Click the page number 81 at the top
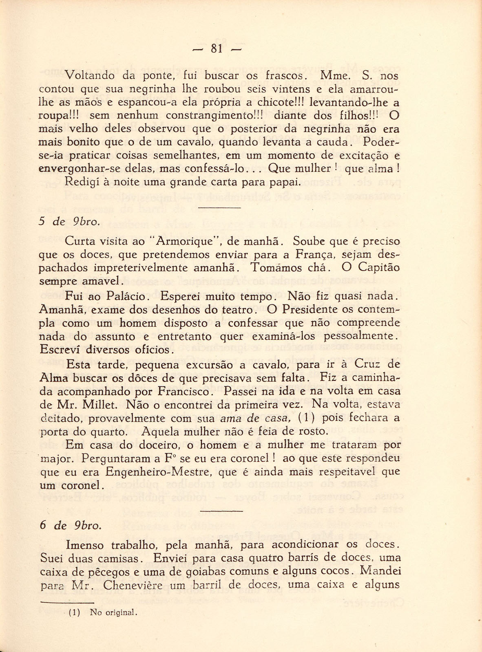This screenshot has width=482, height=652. pos(217,48)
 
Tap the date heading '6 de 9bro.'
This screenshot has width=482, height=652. pos(70,526)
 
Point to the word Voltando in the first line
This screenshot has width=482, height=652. pos(88,76)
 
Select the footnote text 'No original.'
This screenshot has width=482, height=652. pos(113,612)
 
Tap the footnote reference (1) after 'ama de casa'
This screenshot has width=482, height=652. pos(305,418)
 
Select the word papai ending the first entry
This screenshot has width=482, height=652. pos(285,182)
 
